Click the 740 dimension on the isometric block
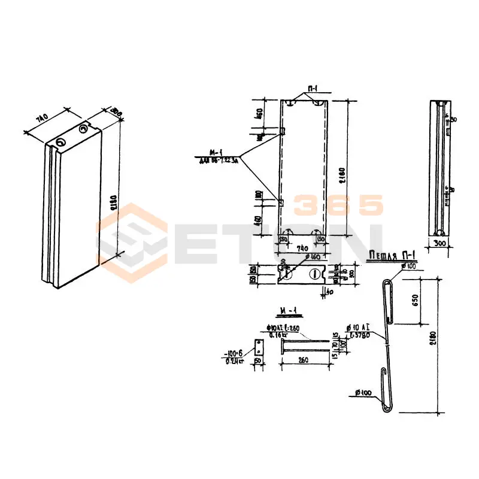(41, 120)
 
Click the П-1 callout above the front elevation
(312, 89)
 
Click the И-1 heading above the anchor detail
(289, 311)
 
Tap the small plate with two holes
(259, 346)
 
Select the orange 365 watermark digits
(338, 205)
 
